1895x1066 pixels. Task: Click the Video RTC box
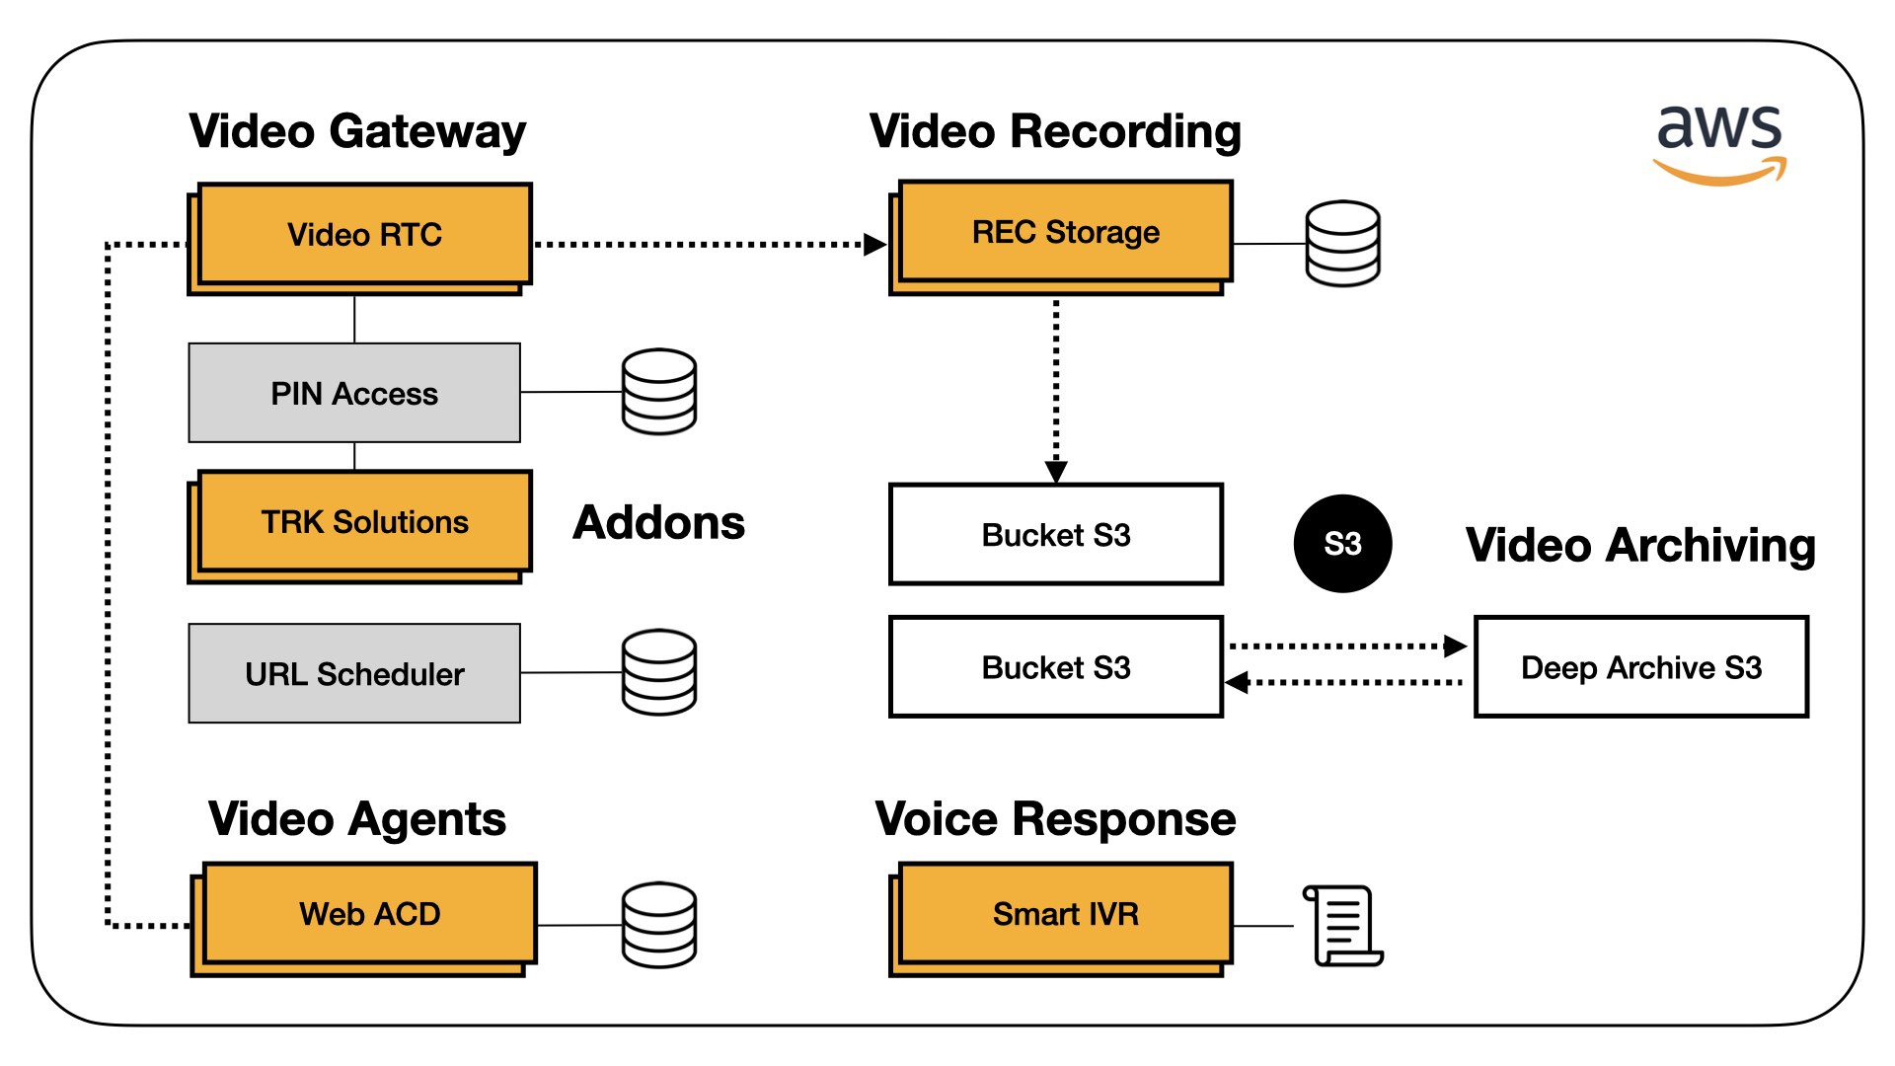[363, 235]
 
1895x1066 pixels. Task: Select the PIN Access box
[354, 393]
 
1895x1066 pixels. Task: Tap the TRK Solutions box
[363, 522]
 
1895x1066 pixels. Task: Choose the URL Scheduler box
[354, 673]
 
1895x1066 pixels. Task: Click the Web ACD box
[369, 914]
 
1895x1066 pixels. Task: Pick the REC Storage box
[1065, 233]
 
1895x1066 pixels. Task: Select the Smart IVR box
[1065, 914]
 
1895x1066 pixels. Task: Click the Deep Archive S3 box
[1640, 667]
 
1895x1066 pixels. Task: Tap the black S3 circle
[1342, 544]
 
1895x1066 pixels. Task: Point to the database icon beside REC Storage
[1342, 244]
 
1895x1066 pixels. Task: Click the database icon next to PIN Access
[659, 392]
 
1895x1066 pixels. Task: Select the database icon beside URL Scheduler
[659, 672]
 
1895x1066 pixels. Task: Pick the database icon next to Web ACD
[659, 925]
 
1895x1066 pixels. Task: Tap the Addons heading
[658, 522]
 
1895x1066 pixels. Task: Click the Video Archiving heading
[1640, 545]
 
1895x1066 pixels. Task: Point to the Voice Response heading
[1055, 819]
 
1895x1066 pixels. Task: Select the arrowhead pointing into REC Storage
[874, 245]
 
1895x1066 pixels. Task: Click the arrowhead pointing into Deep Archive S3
[1455, 647]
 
